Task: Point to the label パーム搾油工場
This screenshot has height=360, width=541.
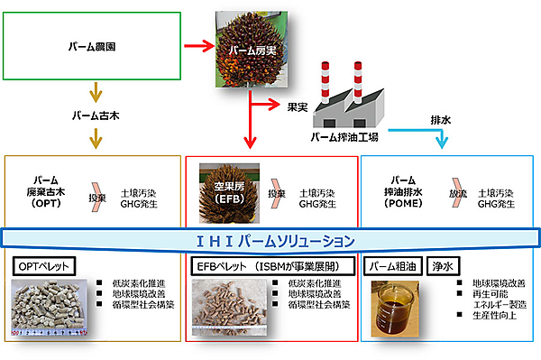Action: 344,138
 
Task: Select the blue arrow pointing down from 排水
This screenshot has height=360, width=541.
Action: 441,139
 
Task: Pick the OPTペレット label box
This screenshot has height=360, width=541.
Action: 43,266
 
